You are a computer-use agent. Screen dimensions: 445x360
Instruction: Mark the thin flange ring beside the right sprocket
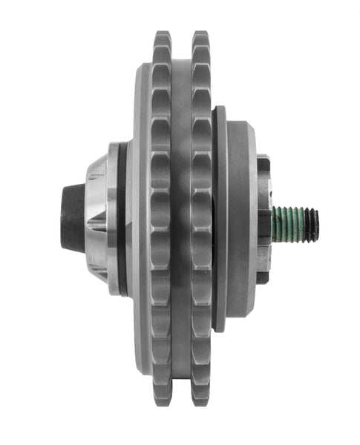coord(220,222)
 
